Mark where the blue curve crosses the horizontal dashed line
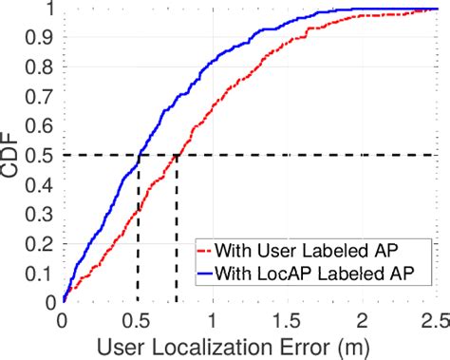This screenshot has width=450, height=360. pos(139,154)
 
